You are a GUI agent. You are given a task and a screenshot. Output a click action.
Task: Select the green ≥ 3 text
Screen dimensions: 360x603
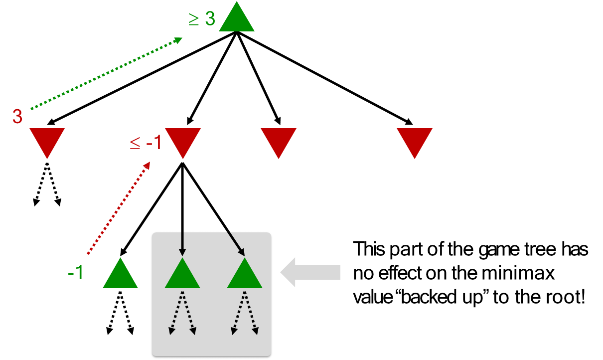coord(202,19)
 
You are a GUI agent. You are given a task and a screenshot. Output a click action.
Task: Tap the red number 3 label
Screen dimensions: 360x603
coord(17,117)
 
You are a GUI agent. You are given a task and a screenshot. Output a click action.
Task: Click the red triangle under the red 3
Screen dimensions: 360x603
coord(47,140)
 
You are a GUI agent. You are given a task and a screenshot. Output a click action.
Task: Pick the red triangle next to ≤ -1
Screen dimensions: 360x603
coord(183,140)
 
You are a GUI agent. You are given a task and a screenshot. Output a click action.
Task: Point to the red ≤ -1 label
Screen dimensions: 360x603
coord(146,143)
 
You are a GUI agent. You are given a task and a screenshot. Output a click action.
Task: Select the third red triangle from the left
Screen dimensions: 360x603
coord(279,140)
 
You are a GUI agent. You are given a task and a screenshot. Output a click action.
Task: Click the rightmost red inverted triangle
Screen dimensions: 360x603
coord(414,140)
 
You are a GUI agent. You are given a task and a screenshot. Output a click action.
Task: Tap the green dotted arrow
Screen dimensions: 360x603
coord(106,73)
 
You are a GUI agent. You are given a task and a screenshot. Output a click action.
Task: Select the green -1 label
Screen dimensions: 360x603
coord(76,273)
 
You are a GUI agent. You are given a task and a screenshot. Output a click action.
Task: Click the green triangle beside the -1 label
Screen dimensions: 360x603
coord(120,276)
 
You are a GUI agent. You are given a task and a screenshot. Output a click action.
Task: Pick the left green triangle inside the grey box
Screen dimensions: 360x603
coord(182,276)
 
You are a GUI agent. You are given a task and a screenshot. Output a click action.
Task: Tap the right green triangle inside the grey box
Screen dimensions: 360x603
coord(245,276)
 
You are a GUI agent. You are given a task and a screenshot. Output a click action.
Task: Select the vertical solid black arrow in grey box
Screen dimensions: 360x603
coord(182,244)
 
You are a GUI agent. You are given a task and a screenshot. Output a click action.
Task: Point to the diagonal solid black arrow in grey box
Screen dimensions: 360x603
coord(236,244)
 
